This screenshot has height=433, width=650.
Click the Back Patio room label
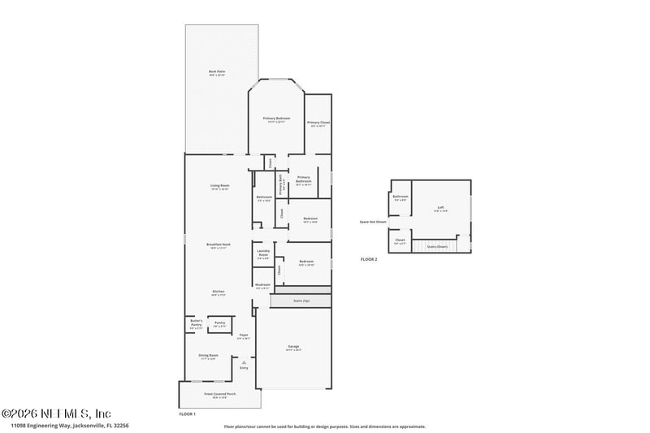pyautogui.click(x=217, y=73)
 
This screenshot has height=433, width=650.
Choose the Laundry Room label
pyautogui.click(x=263, y=253)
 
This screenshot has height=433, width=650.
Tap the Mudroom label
pyautogui.click(x=262, y=285)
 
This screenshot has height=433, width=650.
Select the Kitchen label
pyautogui.click(x=219, y=292)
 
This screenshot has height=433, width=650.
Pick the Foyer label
pyautogui.click(x=243, y=336)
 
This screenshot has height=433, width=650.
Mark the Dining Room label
pyautogui.click(x=209, y=356)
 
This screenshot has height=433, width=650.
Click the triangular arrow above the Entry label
pyautogui.click(x=243, y=362)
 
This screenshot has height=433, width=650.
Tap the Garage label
pyautogui.click(x=293, y=348)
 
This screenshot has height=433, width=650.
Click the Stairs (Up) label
pyautogui.click(x=301, y=301)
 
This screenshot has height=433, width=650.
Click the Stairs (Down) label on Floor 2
pyautogui.click(x=437, y=246)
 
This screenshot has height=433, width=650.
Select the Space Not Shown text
pyautogui.click(x=373, y=221)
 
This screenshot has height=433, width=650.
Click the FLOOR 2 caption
pyautogui.click(x=370, y=258)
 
